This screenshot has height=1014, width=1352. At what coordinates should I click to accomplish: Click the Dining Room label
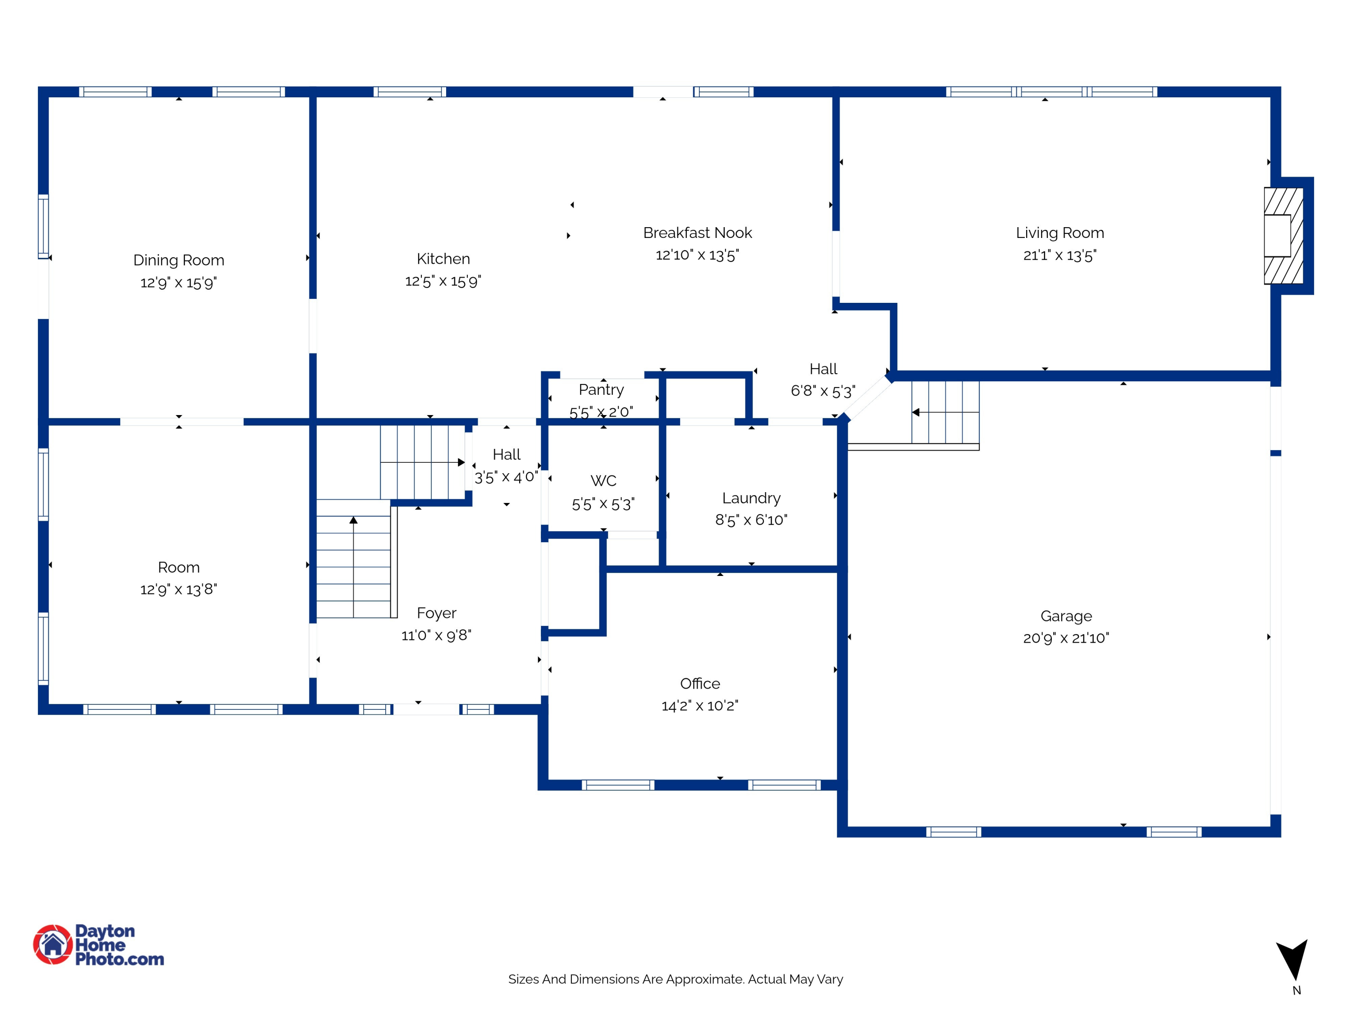tap(178, 260)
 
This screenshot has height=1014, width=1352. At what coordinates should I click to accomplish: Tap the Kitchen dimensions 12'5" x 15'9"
tap(443, 281)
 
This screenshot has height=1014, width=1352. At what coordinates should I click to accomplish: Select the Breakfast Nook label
tap(697, 233)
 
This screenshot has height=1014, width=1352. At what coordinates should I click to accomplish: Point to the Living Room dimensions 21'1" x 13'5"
tap(1060, 256)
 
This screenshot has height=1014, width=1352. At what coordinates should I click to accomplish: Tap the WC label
tap(603, 481)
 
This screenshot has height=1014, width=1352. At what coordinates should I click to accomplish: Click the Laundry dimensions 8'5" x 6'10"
tap(751, 520)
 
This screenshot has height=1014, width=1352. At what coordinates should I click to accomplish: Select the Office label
tap(700, 683)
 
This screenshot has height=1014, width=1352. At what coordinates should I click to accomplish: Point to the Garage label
tap(1066, 616)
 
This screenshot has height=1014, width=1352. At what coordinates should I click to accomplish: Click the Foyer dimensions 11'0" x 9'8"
tap(436, 635)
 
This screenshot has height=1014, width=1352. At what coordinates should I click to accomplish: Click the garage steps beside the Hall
tap(944, 412)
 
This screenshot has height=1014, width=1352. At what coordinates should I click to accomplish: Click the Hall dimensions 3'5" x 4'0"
tap(506, 477)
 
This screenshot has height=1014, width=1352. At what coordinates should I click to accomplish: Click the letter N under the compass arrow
tap(1297, 991)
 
